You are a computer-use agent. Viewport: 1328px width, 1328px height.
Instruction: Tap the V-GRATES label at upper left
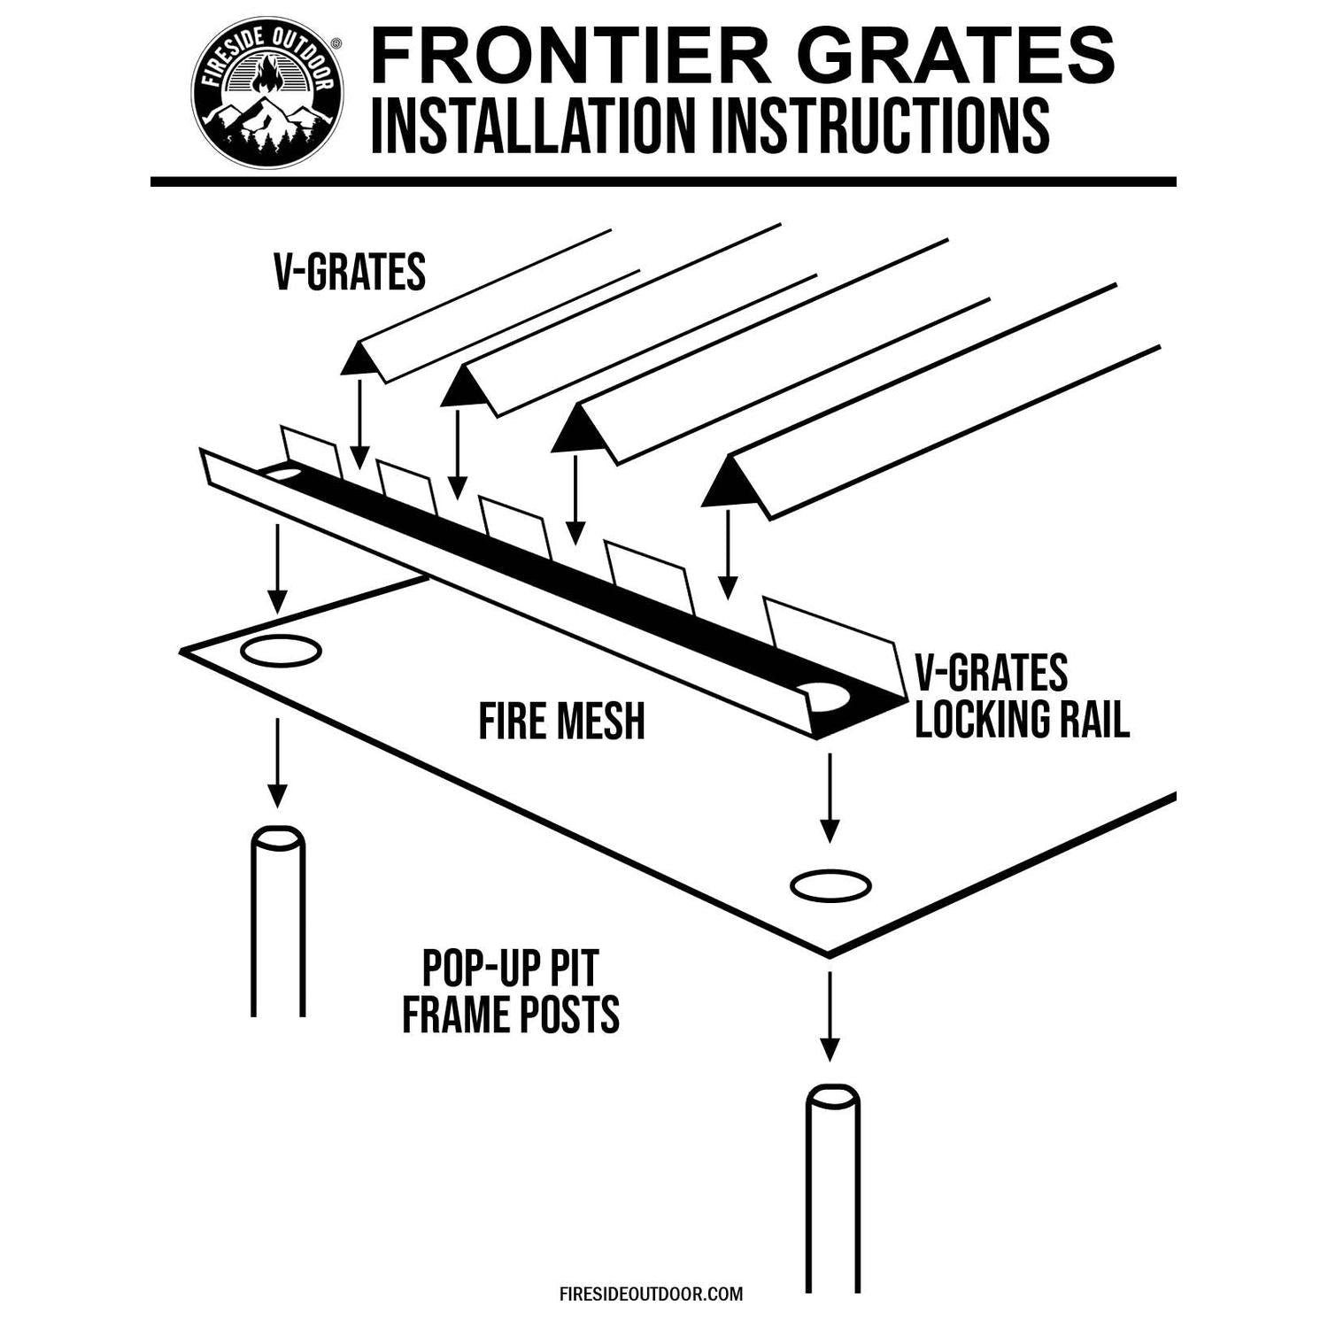coord(350,272)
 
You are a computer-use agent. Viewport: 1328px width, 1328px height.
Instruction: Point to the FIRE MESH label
coord(561,721)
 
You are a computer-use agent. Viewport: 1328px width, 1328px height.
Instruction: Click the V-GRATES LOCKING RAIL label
coord(1022,696)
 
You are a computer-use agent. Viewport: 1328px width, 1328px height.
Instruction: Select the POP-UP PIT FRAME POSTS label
coord(511,992)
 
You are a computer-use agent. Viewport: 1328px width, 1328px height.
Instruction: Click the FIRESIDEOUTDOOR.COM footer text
coord(651,1293)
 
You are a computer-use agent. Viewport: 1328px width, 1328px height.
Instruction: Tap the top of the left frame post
coord(278,838)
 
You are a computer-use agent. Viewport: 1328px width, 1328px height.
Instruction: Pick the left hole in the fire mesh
coord(281,652)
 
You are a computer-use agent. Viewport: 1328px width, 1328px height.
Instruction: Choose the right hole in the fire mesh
coord(830,884)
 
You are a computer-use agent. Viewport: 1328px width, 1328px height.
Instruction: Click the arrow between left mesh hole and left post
coord(278,761)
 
